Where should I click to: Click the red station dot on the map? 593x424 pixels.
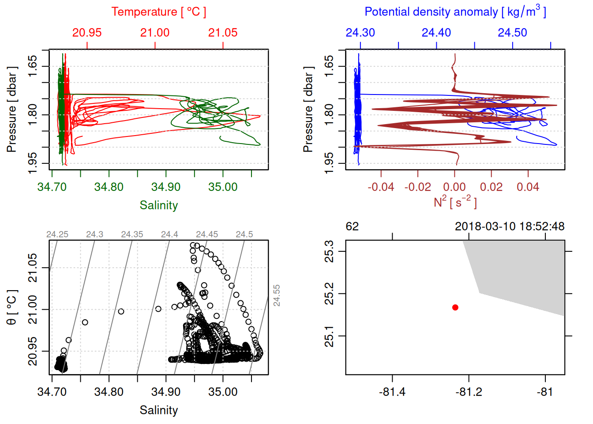coord(455,307)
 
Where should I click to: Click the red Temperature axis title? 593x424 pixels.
coord(158,12)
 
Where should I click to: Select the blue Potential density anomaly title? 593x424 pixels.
coord(455,12)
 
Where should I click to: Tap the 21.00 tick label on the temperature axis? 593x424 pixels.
coord(155,33)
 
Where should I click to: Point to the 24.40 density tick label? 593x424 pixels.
coord(436,33)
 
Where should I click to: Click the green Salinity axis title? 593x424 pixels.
coord(158,205)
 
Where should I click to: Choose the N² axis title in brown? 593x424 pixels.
coord(455,202)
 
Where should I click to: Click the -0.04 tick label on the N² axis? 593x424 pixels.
coord(381,187)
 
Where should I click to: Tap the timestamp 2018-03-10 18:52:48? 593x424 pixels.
coord(510,227)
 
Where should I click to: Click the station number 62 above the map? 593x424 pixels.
coord(352,227)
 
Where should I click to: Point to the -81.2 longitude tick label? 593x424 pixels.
coord(468,392)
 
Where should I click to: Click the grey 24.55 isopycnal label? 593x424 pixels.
coord(277,295)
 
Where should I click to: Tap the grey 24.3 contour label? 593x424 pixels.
coord(95,235)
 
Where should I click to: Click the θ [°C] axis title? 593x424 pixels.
coord(12,307)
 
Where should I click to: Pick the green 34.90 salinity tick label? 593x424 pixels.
coord(166,187)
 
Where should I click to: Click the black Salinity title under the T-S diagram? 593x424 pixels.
coord(158,410)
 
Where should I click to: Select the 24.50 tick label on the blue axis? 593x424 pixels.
coord(512,33)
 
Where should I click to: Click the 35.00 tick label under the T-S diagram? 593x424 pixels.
coord(223,392)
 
